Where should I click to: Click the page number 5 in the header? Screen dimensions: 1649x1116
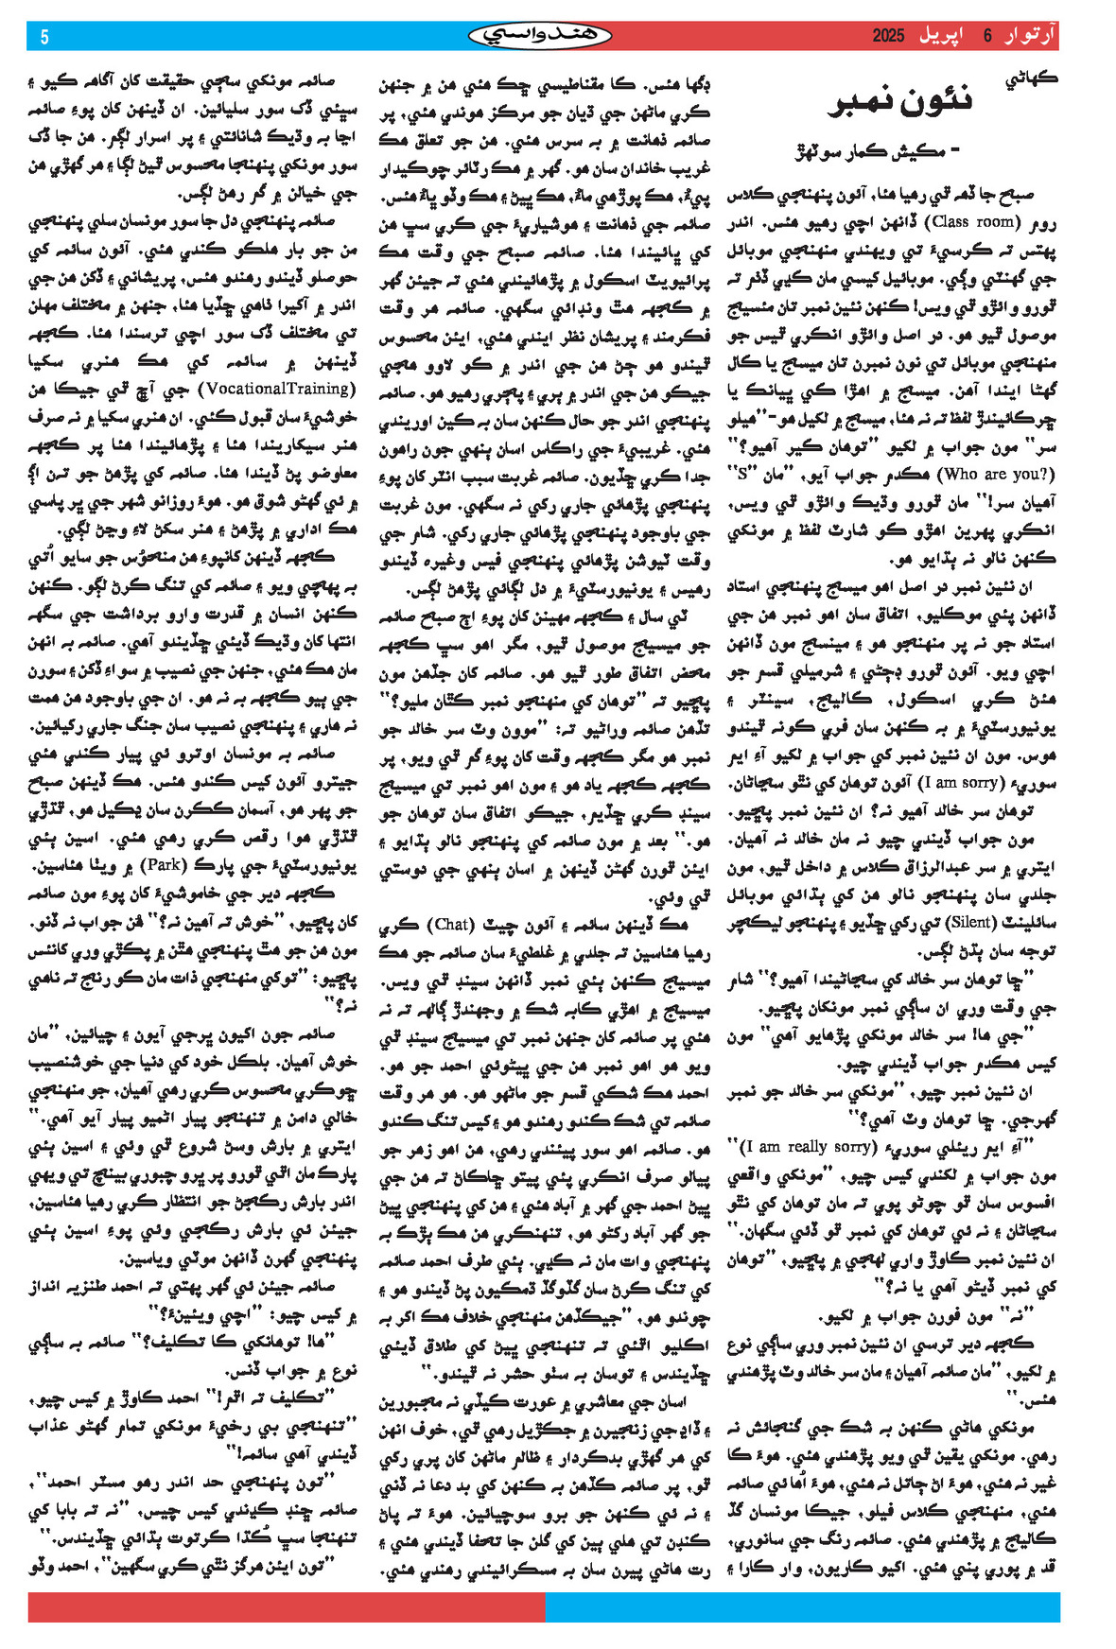click(44, 37)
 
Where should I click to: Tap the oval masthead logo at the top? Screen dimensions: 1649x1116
click(540, 36)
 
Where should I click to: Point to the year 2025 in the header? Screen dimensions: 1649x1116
click(889, 36)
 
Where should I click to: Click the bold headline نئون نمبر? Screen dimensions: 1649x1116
click(899, 103)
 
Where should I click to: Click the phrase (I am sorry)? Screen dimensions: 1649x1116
click(956, 782)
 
